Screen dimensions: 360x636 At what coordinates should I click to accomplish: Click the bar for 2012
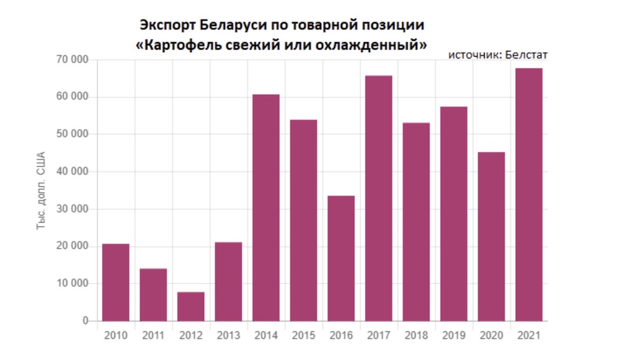pyautogui.click(x=191, y=307)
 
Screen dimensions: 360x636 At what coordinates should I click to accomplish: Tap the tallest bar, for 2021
pyautogui.click(x=529, y=195)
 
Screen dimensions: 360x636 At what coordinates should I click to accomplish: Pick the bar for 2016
pyautogui.click(x=341, y=258)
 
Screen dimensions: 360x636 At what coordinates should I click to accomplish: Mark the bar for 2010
pyautogui.click(x=116, y=282)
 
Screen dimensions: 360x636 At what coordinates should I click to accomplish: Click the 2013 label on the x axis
pyautogui.click(x=228, y=335)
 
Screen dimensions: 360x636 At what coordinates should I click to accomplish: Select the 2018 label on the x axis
pyautogui.click(x=416, y=335)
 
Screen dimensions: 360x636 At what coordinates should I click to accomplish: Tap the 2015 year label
pyautogui.click(x=303, y=335)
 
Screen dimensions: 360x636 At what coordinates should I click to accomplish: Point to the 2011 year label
pyautogui.click(x=153, y=335)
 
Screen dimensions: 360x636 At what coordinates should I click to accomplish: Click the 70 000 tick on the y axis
pyautogui.click(x=71, y=60)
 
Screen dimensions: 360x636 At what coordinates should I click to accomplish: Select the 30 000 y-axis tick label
pyautogui.click(x=71, y=209)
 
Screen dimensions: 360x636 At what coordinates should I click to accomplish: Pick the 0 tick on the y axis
pyautogui.click(x=85, y=321)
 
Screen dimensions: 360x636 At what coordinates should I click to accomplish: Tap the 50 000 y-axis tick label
pyautogui.click(x=71, y=134)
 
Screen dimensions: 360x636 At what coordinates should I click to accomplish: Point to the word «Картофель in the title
pyautogui.click(x=177, y=46)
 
